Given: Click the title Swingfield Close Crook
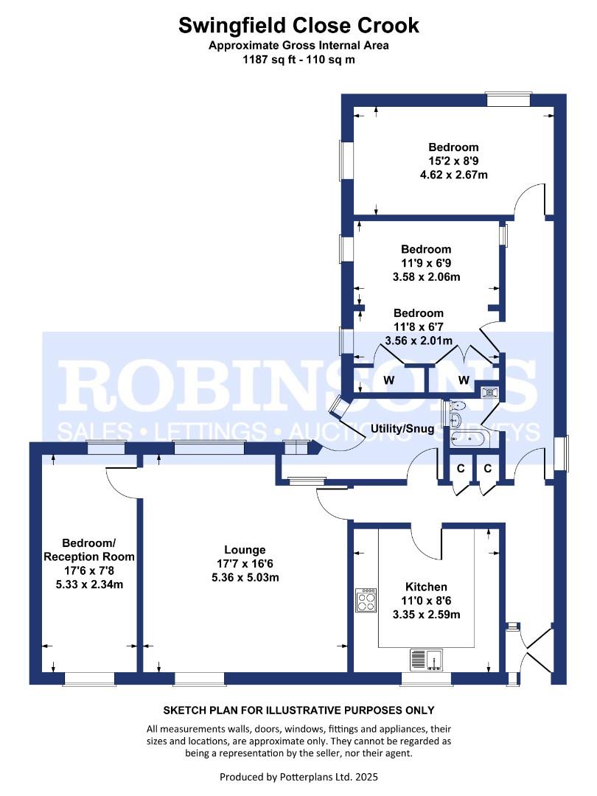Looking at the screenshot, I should coord(298,26).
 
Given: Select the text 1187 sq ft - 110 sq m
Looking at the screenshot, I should coord(298,59).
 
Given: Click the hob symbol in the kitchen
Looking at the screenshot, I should coord(366,600).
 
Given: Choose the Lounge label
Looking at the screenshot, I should coord(245,550).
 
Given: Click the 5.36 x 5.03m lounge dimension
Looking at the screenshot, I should coord(245,577).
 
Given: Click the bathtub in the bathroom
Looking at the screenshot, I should coord(467,440).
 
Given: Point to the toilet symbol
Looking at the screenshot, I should coord(456,405).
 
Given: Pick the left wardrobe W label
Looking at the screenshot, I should coord(388,380).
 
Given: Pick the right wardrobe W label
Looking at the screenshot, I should coord(464,380).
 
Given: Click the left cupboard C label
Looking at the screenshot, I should coord(461,468).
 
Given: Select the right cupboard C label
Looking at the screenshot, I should coord(488,468).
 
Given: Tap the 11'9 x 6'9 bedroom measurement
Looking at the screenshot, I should coord(427,263).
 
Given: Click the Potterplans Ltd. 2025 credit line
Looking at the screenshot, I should coord(298,777).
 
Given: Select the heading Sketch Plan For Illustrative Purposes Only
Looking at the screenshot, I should coord(298,711).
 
